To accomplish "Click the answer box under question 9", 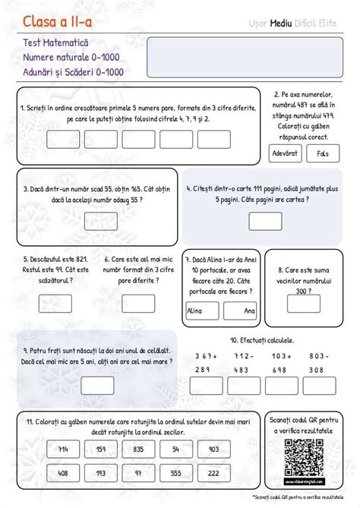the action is pos(96,386).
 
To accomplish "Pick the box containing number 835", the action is pos(137,450).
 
